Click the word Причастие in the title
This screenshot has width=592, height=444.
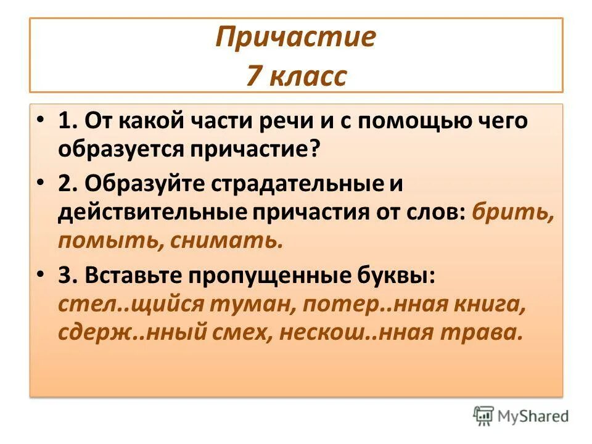(295, 38)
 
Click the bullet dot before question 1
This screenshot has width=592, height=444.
(40, 120)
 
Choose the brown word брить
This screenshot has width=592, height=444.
(513, 212)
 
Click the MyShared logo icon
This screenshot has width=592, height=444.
(483, 415)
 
